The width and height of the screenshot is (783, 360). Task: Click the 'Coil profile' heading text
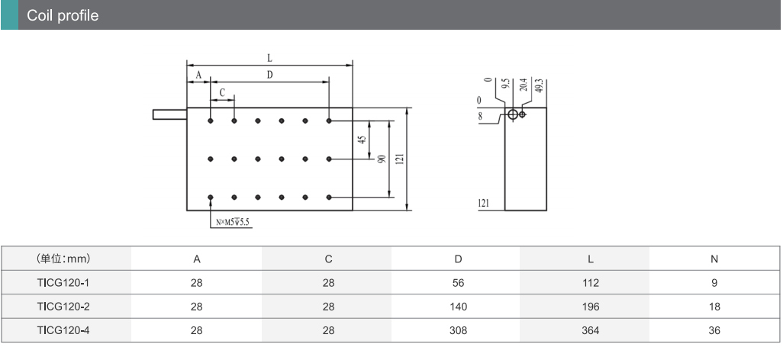[63, 15]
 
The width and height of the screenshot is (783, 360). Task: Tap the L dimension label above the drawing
[269, 58]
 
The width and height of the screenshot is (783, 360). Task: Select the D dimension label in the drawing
[269, 75]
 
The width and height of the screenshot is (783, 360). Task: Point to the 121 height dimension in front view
[400, 159]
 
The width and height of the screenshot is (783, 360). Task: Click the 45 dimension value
[362, 140]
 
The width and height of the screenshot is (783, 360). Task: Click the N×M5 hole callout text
[233, 222]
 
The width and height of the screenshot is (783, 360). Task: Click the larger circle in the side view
[513, 114]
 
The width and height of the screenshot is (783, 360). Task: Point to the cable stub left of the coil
[169, 114]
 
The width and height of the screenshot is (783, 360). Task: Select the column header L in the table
[590, 259]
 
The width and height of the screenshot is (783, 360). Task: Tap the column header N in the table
[714, 259]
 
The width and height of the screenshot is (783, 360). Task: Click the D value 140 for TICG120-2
[458, 307]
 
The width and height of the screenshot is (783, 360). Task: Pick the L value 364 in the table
[590, 330]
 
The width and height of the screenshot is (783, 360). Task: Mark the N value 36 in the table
[714, 330]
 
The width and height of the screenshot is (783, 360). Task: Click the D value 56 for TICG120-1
[458, 283]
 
